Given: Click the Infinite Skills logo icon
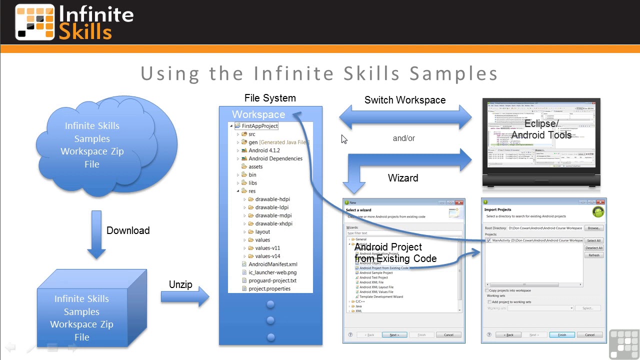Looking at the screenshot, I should tap(34, 22).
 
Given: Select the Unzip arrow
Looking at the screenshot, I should tap(184, 297).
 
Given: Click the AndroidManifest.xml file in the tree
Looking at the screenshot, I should tap(272, 264).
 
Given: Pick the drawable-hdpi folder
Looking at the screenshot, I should tap(272, 199).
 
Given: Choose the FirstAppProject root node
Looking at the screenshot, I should tap(259, 126).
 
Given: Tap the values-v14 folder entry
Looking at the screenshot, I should tap(267, 256).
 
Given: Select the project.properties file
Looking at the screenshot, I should tap(269, 288).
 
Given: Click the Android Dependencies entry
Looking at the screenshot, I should tap(275, 158).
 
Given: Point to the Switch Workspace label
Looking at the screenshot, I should tap(404, 100).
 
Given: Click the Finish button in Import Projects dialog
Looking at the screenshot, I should tap(561, 335).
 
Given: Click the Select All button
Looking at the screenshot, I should tap(593, 240).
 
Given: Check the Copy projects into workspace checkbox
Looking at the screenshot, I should tap(487, 290).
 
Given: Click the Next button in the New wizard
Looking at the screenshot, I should tap(394, 335).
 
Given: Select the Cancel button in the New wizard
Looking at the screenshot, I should tap(448, 335).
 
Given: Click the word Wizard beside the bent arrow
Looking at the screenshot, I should tap(402, 178).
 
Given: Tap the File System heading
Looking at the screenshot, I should tap(270, 98).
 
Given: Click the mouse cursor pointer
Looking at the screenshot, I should tap(344, 139).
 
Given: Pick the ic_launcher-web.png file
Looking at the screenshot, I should tap(272, 272).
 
